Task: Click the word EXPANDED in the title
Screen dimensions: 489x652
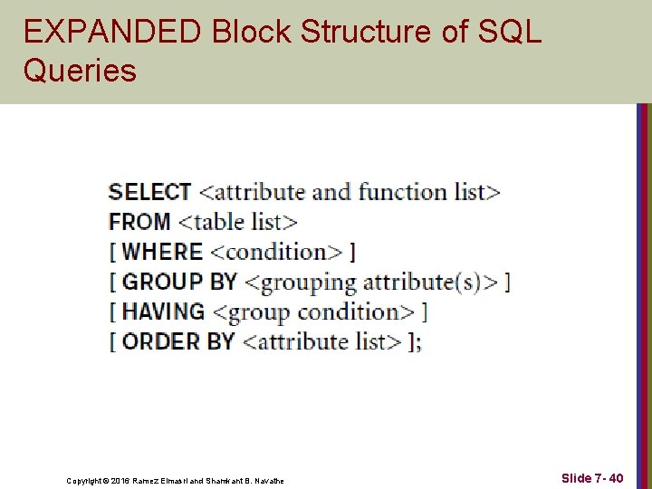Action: [x=113, y=32]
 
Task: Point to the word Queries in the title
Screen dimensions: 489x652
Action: [x=80, y=71]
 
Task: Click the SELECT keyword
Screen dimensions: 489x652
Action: [x=149, y=192]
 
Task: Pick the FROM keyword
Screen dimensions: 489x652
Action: [x=139, y=222]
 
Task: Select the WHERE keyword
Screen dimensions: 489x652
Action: [x=162, y=252]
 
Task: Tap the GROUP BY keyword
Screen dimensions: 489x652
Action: [x=179, y=282]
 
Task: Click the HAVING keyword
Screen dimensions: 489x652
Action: [x=163, y=312]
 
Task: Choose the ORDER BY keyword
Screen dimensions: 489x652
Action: [x=178, y=341]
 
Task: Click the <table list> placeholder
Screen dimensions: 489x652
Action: [x=237, y=222]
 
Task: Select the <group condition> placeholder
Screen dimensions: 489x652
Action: [x=312, y=312]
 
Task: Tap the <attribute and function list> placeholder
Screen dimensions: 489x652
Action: [x=349, y=192]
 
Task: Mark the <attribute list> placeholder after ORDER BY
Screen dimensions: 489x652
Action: [x=322, y=341]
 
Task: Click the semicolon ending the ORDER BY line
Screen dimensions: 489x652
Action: [x=419, y=343]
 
